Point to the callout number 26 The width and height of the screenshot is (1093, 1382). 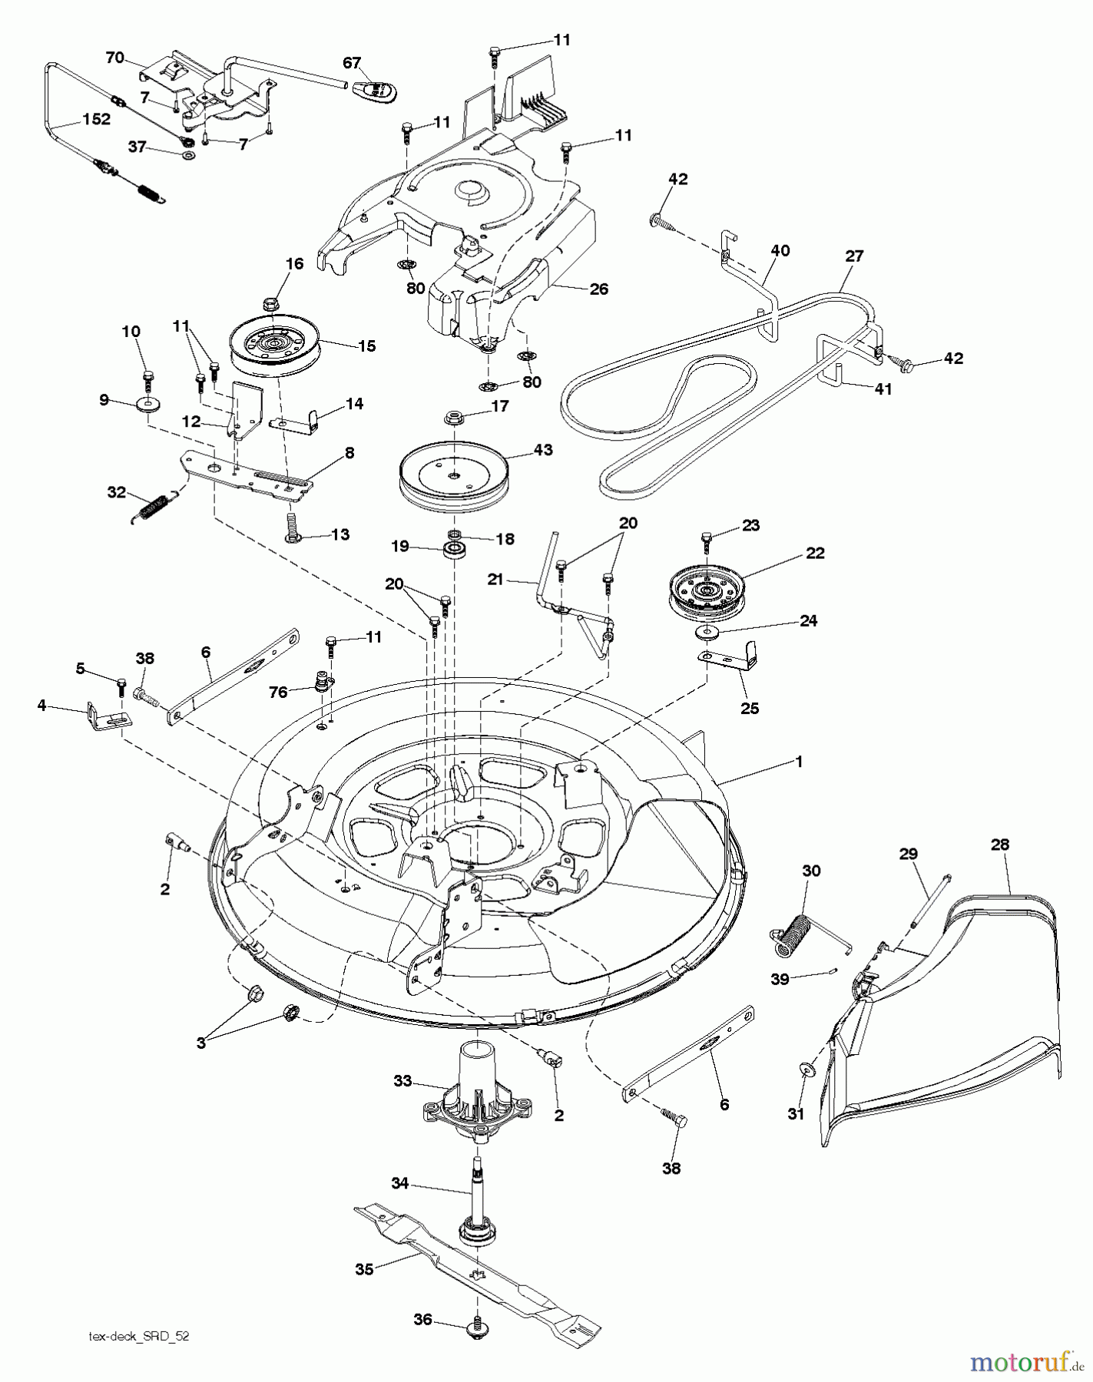pos(598,289)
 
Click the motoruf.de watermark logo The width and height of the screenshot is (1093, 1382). pos(1021,1361)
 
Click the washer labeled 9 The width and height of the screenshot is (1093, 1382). pos(145,404)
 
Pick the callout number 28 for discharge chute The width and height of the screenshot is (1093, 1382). pos(999,844)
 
